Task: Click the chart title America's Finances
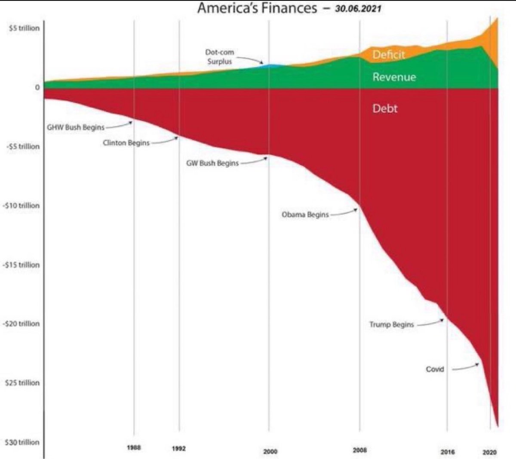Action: pos(257,8)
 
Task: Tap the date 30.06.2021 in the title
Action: pos(358,9)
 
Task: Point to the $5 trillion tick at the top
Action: pos(24,28)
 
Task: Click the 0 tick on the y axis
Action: pos(37,87)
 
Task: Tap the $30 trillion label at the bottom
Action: pos(22,442)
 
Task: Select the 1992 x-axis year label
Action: pos(179,448)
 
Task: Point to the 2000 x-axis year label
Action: pos(270,451)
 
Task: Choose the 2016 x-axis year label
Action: pos(448,452)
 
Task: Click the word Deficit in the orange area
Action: pos(389,55)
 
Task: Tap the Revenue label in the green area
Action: pos(394,77)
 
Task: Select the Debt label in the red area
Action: pos(385,109)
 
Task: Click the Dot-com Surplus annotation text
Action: pos(219,57)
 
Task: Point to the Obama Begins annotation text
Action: pos(305,214)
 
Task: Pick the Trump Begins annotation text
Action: pos(391,324)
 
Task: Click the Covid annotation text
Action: pos(435,369)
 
